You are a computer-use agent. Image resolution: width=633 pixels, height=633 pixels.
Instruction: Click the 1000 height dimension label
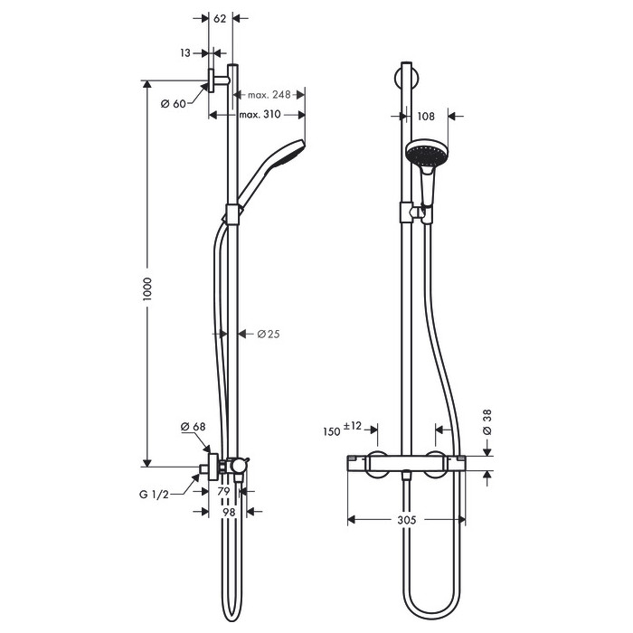coord(146,288)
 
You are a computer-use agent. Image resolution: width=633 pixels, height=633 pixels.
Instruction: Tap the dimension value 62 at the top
coord(220,19)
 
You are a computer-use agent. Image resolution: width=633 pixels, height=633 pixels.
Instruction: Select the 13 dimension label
coord(185,52)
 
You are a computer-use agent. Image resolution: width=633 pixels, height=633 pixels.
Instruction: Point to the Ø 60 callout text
coord(174,104)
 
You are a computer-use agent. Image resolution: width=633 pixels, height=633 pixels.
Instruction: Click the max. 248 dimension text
coord(269,95)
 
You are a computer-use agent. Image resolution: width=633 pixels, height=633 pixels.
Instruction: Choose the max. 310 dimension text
coord(260,114)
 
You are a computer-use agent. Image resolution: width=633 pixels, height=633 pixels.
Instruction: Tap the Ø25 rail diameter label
coord(269,334)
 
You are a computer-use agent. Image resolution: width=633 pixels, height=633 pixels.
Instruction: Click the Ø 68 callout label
coord(193,426)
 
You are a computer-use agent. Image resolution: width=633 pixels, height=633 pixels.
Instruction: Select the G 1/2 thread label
coord(154,494)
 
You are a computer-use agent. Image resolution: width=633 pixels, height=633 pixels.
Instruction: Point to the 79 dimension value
coord(223,491)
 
